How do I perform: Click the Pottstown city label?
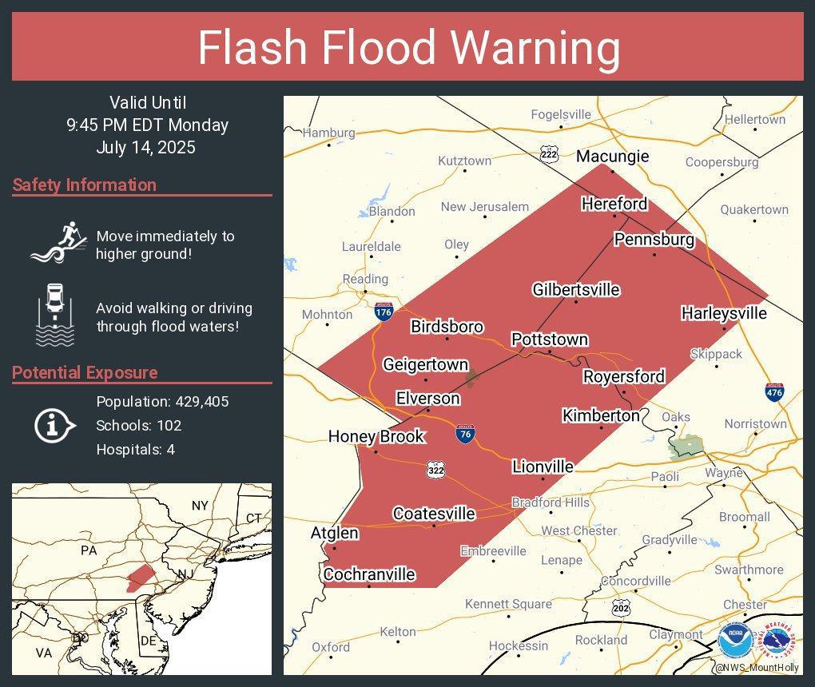(x=549, y=340)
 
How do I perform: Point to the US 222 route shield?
(x=548, y=154)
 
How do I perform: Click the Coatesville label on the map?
(x=434, y=514)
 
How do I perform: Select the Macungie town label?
(x=612, y=156)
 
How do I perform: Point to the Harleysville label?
(x=723, y=313)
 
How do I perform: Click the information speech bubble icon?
(x=54, y=425)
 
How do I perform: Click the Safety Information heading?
(x=85, y=185)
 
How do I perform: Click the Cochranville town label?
(x=369, y=574)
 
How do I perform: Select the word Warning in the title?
(x=536, y=48)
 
